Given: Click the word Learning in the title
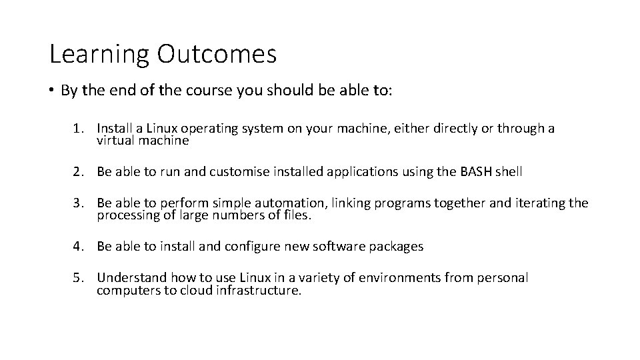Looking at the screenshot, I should pos(100,55).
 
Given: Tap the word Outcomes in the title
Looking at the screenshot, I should pos(217,55).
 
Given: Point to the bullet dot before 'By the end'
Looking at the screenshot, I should pos(52,91).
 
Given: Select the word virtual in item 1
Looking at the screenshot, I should pos(115,141).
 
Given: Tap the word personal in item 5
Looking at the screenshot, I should pos(503,277).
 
